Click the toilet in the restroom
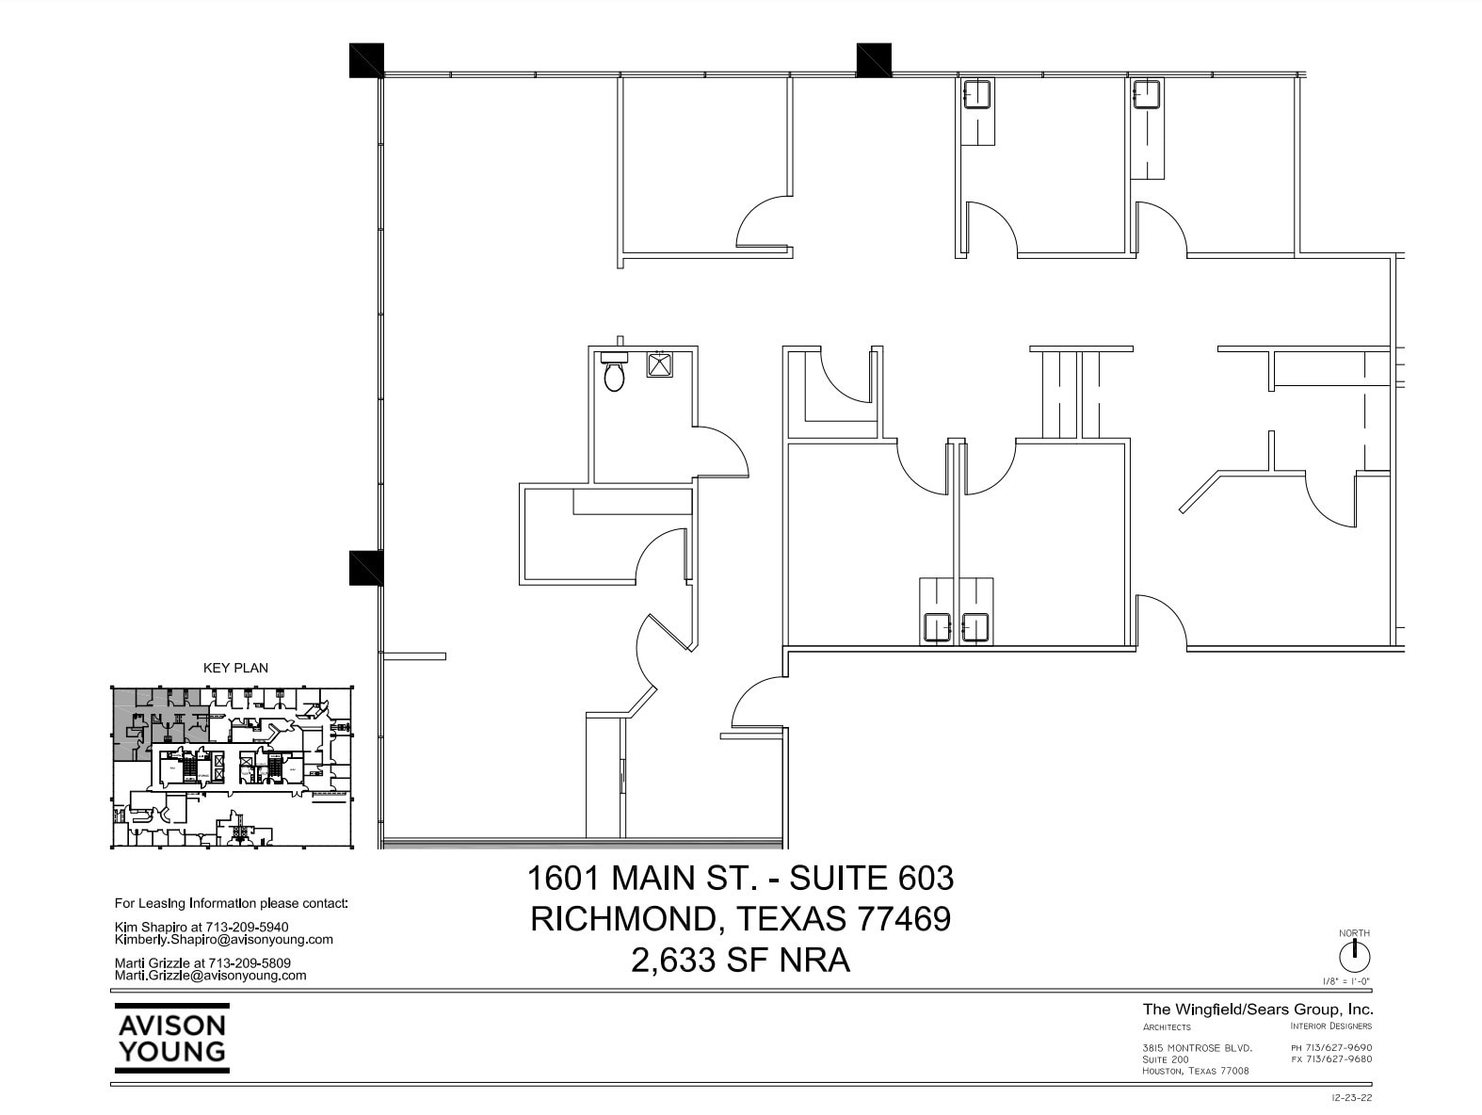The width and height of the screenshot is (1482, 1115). pos(614,373)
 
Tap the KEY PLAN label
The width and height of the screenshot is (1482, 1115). pos(235,668)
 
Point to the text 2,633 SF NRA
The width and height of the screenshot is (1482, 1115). pos(740,960)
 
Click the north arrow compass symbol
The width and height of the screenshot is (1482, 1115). pos(1354,957)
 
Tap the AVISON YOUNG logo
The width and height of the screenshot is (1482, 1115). pos(171,1038)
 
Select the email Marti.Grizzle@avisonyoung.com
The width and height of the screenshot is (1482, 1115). pos(210,976)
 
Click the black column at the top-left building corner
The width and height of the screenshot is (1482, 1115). pos(366,60)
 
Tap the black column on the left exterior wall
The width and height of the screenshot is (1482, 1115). pos(365,568)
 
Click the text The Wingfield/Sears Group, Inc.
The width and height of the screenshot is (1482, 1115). pos(1257,1009)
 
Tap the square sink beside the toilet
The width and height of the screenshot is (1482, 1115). pos(659,364)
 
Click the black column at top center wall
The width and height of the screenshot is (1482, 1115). pos(873,60)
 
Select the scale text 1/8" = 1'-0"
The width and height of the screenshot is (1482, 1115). pos(1346,981)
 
